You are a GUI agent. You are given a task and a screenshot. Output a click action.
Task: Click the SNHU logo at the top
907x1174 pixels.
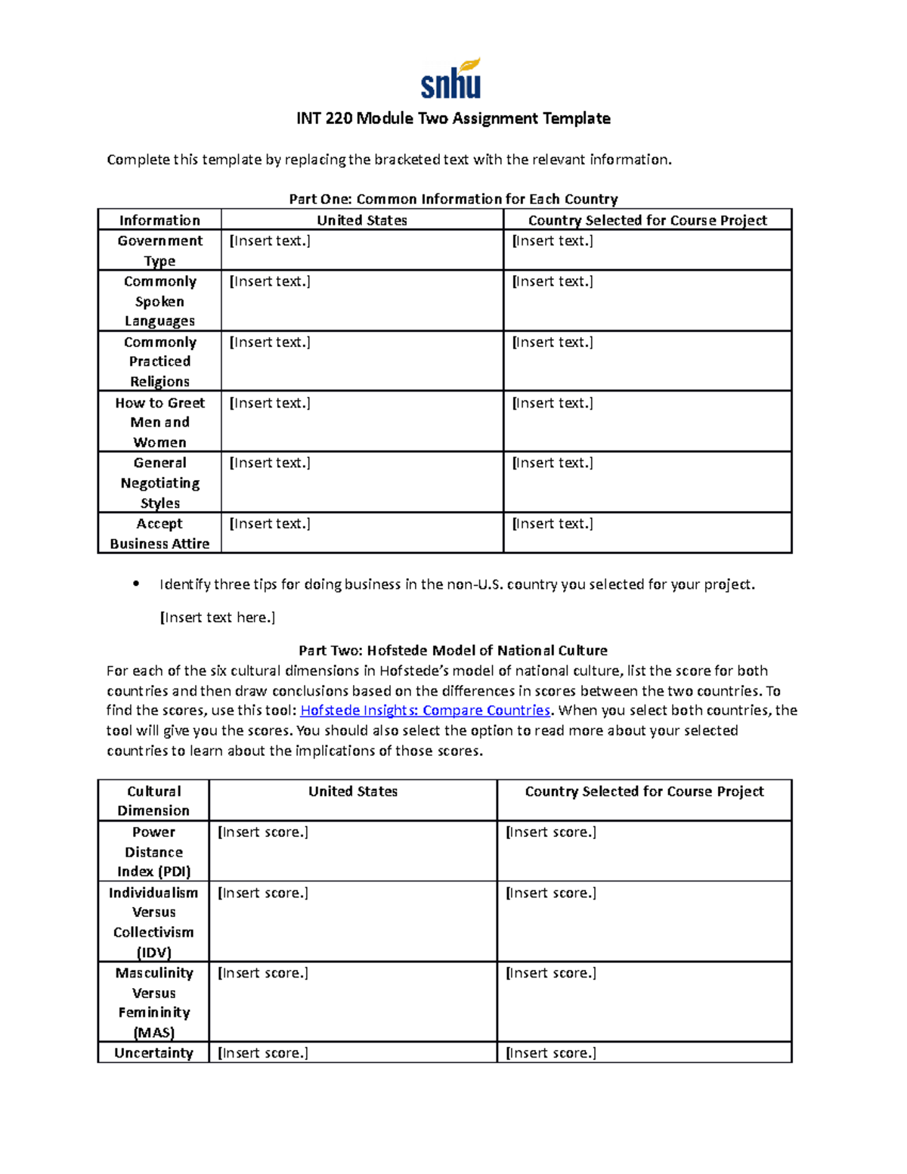(451, 79)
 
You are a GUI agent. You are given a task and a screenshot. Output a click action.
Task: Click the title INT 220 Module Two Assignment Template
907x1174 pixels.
(453, 119)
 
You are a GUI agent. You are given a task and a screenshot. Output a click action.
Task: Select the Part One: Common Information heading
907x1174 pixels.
(453, 199)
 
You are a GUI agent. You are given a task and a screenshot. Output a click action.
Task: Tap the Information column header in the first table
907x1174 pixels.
(159, 220)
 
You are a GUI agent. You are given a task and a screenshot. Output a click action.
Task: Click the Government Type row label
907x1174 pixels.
(159, 250)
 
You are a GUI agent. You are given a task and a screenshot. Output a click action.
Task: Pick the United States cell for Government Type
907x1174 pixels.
(361, 250)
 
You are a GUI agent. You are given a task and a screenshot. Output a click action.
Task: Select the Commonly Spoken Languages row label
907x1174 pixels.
(159, 301)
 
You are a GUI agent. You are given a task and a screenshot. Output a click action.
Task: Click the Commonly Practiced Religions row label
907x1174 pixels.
(159, 361)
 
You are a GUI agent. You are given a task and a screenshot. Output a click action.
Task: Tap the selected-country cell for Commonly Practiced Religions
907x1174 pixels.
(647, 361)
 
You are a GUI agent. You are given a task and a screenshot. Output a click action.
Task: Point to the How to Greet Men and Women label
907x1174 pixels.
(159, 422)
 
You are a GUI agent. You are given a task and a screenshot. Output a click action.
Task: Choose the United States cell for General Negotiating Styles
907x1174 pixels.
(361, 482)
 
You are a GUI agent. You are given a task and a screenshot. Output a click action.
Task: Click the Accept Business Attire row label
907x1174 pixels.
(159, 533)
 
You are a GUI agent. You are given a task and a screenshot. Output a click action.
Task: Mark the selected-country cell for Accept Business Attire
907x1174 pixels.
(647, 533)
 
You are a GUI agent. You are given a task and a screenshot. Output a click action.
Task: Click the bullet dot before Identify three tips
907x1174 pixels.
(136, 584)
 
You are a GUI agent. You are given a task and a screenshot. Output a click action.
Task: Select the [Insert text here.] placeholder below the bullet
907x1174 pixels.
(218, 618)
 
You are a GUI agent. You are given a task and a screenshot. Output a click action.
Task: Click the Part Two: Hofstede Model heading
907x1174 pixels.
(453, 650)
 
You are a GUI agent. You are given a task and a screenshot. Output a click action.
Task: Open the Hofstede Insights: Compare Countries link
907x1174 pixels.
(425, 711)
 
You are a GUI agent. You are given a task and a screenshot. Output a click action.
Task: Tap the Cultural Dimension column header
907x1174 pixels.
(153, 801)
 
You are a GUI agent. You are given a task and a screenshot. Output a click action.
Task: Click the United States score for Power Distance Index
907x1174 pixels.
(352, 851)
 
